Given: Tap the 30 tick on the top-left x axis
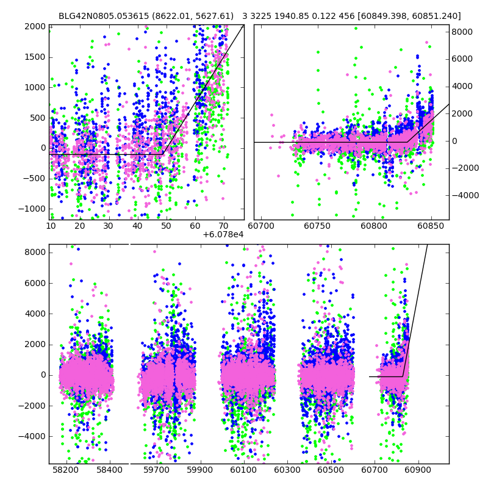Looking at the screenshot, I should [x=108, y=226].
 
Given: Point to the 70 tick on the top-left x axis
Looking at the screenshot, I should [x=223, y=226].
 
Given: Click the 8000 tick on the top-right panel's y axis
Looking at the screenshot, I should [x=462, y=32].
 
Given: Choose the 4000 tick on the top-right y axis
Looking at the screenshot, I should [x=462, y=86].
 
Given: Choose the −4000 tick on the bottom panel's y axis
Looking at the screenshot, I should [x=32, y=436].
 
